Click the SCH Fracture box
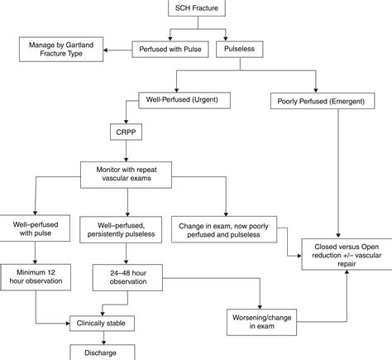coord(197,11)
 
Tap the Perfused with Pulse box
coord(170,50)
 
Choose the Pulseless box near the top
coord(238,50)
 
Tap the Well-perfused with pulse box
coord(35,228)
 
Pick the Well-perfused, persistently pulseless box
coord(124,228)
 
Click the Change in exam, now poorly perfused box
coord(226,228)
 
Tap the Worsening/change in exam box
coord(261,319)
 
